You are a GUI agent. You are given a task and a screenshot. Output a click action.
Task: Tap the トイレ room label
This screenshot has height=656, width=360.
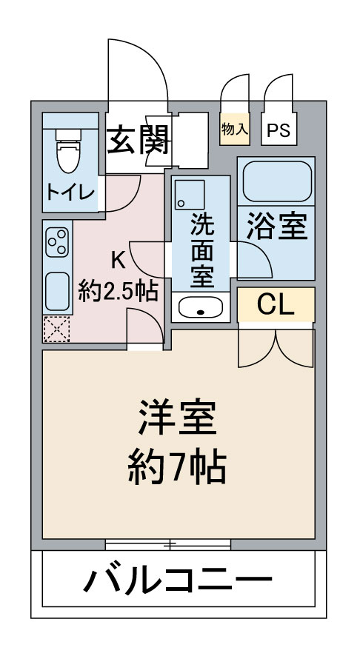point(70,193)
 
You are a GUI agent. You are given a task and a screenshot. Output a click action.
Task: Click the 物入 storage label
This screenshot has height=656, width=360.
point(235,129)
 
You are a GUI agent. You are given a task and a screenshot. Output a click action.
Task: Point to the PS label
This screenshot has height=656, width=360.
point(279,131)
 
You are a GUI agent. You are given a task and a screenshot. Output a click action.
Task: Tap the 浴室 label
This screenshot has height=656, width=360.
point(277,228)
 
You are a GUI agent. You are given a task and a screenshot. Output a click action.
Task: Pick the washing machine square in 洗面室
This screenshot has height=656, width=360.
point(190,193)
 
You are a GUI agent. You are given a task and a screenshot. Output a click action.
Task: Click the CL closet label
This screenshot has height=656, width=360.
point(276,303)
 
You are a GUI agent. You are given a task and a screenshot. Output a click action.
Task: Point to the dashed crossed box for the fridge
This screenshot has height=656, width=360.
point(56,329)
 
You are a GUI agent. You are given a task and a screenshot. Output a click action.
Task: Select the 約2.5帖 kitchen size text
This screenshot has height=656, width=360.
point(118,291)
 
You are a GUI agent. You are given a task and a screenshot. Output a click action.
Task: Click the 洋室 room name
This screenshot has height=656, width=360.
point(178,419)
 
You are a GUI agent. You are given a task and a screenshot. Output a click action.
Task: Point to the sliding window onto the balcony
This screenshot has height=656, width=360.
point(168,546)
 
